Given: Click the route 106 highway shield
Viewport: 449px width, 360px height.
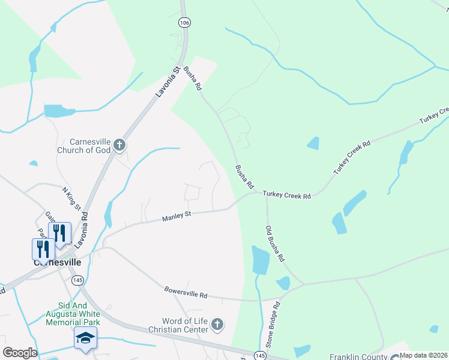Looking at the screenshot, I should (x=184, y=22).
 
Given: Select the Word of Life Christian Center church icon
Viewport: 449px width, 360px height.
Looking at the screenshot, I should (x=217, y=325).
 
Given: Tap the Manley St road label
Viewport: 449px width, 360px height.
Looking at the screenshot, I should (x=176, y=216).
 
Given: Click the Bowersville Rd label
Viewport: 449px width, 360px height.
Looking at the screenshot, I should (x=185, y=293).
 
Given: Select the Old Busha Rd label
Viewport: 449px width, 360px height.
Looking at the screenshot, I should (x=276, y=243).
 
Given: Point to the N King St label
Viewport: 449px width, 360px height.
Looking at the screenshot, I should (x=71, y=198).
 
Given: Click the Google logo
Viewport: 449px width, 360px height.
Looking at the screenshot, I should (x=19, y=353).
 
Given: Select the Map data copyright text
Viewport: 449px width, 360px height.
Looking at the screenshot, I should (x=423, y=355).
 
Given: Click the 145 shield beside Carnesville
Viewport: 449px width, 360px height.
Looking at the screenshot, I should (x=77, y=280).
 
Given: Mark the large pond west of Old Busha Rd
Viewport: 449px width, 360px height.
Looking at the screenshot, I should (x=260, y=260).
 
